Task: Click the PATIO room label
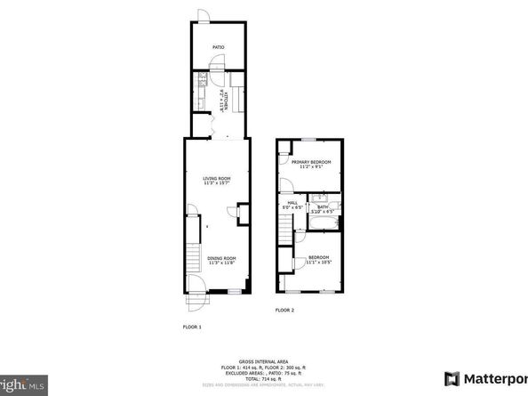pyautogui.click(x=218, y=47)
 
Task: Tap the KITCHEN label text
pyautogui.click(x=226, y=99)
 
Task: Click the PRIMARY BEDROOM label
pyautogui.click(x=316, y=161)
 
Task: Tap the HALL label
pyautogui.click(x=292, y=203)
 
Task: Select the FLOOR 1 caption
pyautogui.click(x=192, y=327)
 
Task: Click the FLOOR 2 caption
pyautogui.click(x=284, y=309)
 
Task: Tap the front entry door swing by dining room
pyautogui.click(x=196, y=287)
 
